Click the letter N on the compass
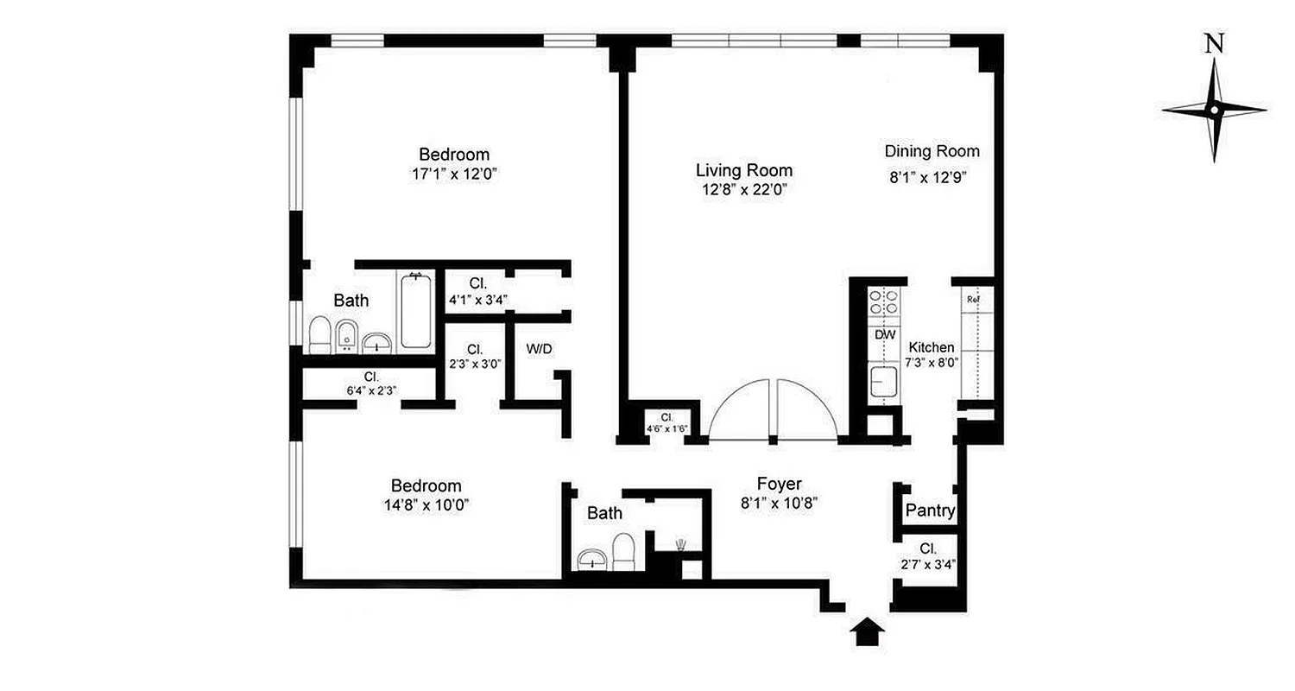[x=1215, y=45]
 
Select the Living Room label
[x=744, y=170]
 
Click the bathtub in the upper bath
[x=415, y=311]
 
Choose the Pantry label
[x=930, y=511]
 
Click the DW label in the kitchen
[x=885, y=334]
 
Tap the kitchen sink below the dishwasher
[x=883, y=381]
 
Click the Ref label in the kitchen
[x=973, y=300]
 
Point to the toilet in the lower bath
[x=623, y=551]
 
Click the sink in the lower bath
[x=592, y=559]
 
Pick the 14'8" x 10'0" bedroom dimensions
[x=426, y=504]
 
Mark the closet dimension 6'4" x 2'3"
[x=371, y=390]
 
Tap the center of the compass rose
[x=1214, y=110]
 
